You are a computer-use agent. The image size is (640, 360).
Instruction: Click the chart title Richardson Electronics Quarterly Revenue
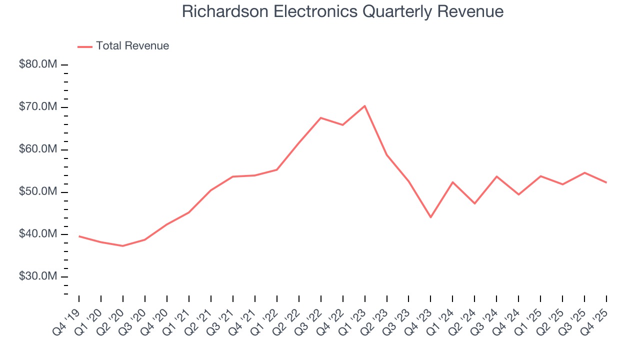(342, 11)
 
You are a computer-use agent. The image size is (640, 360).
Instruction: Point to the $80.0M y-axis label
(37, 65)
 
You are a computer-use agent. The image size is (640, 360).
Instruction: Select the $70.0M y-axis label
(37, 107)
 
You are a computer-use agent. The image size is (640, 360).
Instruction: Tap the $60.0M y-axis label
(37, 149)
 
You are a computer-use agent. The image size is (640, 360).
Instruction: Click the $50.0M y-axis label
(37, 192)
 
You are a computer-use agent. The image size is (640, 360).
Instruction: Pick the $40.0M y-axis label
(37, 234)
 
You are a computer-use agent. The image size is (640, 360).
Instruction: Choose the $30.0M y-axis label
(37, 276)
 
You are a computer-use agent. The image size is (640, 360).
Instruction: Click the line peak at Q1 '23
(364, 106)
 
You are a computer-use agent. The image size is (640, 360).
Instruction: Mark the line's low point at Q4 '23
(430, 217)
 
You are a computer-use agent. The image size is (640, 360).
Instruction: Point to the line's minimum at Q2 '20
(122, 246)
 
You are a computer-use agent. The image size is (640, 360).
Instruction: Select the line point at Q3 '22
(320, 118)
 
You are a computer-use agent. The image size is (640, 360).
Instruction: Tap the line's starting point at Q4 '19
(79, 236)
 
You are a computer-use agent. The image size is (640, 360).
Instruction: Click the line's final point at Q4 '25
(606, 182)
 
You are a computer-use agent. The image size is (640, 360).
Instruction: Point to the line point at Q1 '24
(452, 182)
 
